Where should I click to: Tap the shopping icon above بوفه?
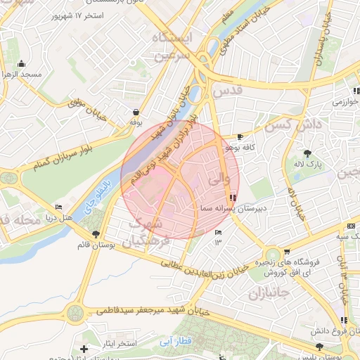point(135,112)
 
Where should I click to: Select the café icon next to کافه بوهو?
point(241,136)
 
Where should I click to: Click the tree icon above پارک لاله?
point(307,153)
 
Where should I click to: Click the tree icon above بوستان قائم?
point(96,234)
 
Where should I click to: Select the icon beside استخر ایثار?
point(84,349)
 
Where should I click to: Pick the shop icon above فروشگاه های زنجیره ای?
point(287,252)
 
